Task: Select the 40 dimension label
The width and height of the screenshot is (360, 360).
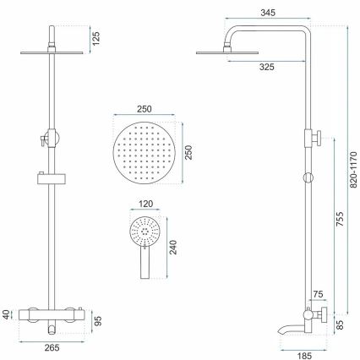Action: click(x=8, y=315)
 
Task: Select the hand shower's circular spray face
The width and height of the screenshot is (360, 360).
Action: click(x=143, y=230)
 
